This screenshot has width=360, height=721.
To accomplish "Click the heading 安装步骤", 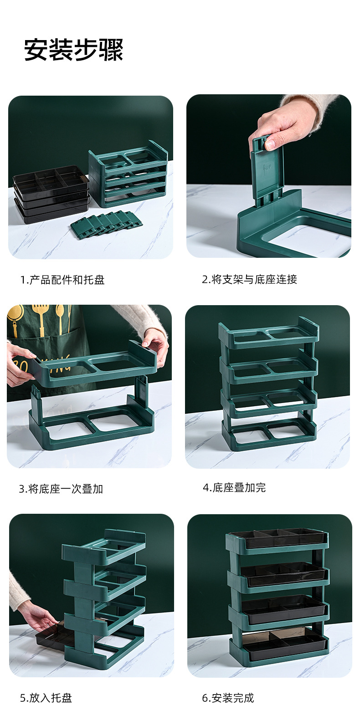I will click(73, 50).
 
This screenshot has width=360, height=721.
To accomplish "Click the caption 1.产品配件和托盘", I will click(62, 280).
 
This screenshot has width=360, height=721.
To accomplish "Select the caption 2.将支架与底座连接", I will click(249, 279).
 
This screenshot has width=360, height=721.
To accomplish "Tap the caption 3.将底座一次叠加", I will click(61, 489).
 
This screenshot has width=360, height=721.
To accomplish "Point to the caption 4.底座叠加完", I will click(234, 487).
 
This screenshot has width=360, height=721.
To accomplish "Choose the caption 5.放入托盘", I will click(46, 698).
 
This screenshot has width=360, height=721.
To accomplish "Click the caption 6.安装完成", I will click(228, 698).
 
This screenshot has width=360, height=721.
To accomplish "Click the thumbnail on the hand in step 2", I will click(270, 144).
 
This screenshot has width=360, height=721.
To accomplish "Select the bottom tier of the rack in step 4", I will click(269, 435).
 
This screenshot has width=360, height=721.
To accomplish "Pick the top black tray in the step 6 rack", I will click(278, 538).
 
